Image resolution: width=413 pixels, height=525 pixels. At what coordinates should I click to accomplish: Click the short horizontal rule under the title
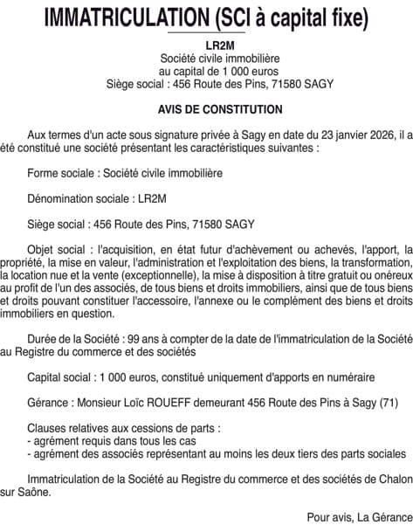coord(207,33)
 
